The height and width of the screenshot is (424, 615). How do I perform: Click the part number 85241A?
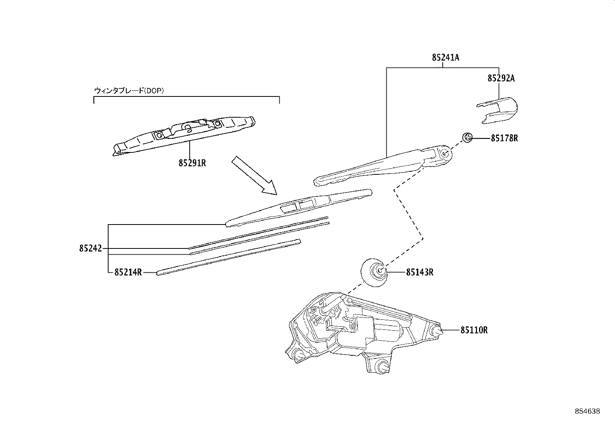[x=445, y=57]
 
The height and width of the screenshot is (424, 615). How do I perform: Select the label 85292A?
[x=501, y=78]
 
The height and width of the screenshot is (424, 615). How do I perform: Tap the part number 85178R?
[x=505, y=138]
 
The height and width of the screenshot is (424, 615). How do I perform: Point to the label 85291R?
[x=192, y=163]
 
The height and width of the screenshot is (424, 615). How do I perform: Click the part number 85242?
[x=91, y=248]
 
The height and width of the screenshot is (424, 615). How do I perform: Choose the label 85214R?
[x=128, y=272]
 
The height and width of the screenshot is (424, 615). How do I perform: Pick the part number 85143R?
[x=420, y=272]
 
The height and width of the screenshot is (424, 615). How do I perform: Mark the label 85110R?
[x=474, y=330]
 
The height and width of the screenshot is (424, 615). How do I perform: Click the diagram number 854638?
[x=588, y=411]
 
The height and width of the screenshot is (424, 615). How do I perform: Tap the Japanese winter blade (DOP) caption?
[x=129, y=91]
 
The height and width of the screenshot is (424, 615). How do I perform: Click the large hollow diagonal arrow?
[x=254, y=176]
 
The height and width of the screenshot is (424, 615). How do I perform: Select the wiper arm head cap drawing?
[x=497, y=110]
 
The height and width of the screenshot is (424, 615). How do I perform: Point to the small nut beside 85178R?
[x=467, y=137]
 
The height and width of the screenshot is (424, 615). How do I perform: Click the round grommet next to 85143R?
[x=374, y=272]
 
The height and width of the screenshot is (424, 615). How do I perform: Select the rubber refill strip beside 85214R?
[x=229, y=257]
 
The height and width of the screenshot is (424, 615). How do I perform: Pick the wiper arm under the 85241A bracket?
[x=383, y=166]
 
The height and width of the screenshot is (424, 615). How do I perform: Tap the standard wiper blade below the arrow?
[x=299, y=208]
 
